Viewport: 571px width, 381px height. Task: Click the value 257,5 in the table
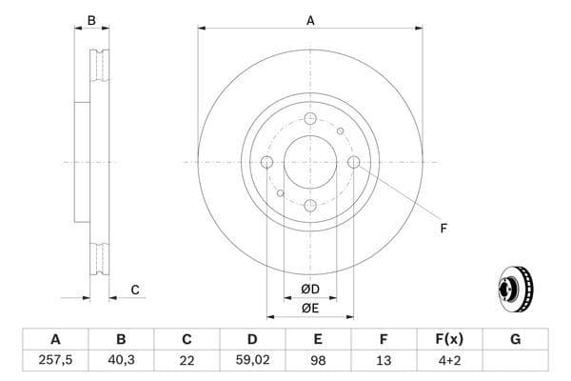coord(55,360)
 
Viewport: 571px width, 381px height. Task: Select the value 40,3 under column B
coord(121,360)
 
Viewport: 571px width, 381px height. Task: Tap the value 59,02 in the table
coord(252,360)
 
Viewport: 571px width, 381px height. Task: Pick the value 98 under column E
coord(318,360)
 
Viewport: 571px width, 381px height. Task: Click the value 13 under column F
coord(384,360)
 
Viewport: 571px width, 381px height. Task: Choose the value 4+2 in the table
coord(449,360)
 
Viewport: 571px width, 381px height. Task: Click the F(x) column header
coord(449,339)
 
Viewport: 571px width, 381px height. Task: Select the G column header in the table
coord(515,339)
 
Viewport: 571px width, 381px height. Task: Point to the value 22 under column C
coord(187,360)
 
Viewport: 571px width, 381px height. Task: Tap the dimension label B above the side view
coord(91,19)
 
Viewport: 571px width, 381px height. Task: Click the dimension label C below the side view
coord(135,290)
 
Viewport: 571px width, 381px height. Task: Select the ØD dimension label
coord(310,289)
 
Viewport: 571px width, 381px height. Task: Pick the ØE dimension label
coord(310,307)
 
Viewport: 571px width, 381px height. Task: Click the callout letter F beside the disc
coord(443,228)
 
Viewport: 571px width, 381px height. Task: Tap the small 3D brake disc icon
coord(517,285)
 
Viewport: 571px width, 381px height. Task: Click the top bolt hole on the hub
coord(310,118)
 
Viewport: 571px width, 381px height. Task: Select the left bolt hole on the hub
coord(266,162)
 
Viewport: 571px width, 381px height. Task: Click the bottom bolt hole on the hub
coord(310,205)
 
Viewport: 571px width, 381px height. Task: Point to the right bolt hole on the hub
coord(354,162)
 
